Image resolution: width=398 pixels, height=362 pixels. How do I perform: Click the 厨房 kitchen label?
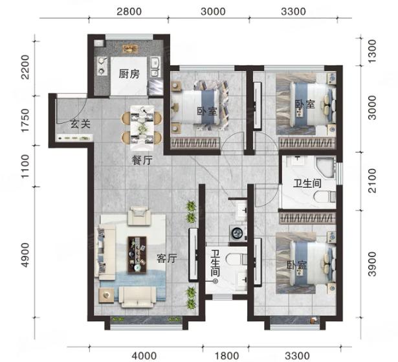[x=129, y=74]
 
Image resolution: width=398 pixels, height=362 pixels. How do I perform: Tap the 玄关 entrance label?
[x=80, y=124]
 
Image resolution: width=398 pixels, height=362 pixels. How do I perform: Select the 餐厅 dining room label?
[x=142, y=161]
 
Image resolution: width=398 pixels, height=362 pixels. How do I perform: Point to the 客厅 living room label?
[x=166, y=258]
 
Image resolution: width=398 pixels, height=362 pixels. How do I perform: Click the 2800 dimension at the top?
[x=129, y=12]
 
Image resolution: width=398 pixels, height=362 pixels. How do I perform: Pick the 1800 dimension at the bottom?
[x=227, y=356]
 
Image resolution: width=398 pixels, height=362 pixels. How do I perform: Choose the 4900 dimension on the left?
[x=25, y=255]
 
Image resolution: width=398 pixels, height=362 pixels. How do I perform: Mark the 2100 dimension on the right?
[x=372, y=181]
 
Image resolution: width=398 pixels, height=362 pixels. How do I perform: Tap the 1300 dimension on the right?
[x=372, y=52]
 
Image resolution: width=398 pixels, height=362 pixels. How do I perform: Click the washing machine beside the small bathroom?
[x=238, y=232]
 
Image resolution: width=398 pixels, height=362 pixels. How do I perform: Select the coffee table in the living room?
[x=137, y=255]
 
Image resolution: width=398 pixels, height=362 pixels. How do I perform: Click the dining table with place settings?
[x=142, y=128]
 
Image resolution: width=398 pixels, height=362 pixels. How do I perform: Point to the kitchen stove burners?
[x=102, y=66]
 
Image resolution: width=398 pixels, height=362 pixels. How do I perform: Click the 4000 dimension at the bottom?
[x=144, y=356]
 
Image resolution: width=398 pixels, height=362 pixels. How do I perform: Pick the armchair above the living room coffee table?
[x=138, y=216]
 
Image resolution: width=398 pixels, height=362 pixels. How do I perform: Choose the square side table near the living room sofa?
[x=106, y=295]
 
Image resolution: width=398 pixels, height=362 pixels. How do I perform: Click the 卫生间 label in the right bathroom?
[x=307, y=183]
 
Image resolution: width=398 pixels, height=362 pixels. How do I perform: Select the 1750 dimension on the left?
[x=25, y=120]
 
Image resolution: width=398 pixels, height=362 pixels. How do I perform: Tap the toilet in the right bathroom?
[x=325, y=197]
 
